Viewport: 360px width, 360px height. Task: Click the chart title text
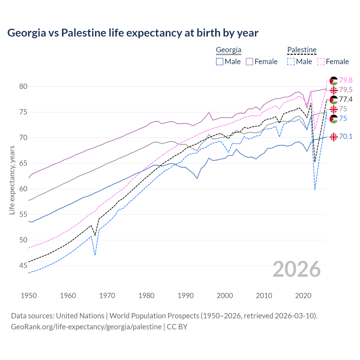[133, 33]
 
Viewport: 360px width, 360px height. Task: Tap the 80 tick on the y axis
[23, 86]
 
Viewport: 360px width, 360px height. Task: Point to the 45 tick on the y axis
[23, 265]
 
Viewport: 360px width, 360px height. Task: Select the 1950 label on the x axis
[29, 296]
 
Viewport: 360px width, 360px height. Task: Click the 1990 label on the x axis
[186, 296]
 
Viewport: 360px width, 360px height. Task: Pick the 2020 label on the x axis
[303, 296]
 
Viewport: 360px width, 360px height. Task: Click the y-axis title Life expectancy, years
[12, 180]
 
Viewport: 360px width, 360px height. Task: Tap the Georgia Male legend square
[220, 62]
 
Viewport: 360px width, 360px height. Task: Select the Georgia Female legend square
[249, 62]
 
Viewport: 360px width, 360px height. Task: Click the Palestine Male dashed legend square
[291, 62]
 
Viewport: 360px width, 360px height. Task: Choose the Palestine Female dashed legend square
[321, 62]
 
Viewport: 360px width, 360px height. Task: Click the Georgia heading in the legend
[228, 50]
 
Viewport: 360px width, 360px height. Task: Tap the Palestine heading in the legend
[302, 50]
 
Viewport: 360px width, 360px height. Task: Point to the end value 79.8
[346, 80]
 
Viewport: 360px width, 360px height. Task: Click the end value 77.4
[346, 100]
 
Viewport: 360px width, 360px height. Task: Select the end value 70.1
[346, 137]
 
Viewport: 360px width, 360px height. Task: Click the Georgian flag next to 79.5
[334, 90]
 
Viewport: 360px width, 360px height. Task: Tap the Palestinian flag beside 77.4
[334, 100]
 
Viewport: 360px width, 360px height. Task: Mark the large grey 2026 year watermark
[297, 269]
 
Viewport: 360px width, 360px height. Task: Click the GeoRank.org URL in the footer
[86, 327]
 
